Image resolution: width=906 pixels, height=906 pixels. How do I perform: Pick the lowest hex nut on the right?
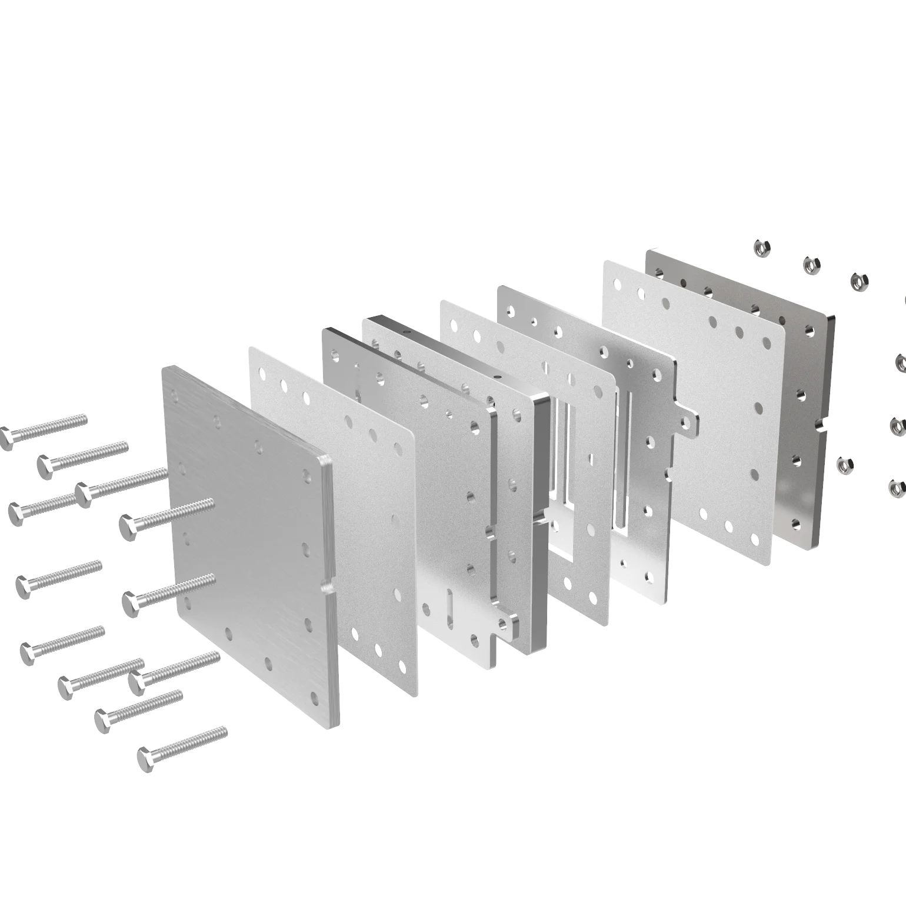tap(896, 487)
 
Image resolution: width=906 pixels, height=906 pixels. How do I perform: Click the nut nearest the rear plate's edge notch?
tap(844, 465)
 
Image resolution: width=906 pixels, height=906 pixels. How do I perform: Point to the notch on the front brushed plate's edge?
tap(327, 587)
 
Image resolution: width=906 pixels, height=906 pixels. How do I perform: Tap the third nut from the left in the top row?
tap(858, 280)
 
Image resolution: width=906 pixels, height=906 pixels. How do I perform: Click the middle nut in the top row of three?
tap(811, 265)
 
